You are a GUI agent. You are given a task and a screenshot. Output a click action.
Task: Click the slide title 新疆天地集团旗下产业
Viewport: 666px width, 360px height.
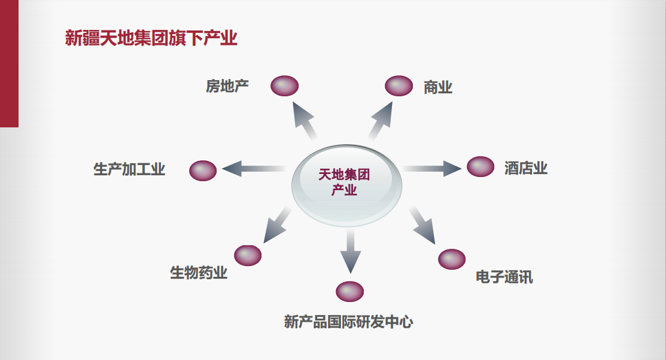151,38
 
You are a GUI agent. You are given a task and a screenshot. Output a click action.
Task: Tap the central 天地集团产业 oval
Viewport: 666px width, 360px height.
346,182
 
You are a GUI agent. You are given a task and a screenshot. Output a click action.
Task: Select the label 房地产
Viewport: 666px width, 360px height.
227,86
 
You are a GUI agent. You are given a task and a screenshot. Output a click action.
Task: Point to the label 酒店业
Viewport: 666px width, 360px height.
525,167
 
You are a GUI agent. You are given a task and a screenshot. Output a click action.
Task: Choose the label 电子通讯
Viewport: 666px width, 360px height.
504,277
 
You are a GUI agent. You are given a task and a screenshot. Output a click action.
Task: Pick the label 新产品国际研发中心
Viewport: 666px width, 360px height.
348,322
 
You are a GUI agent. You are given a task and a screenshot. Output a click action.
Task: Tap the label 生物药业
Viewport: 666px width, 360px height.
199,273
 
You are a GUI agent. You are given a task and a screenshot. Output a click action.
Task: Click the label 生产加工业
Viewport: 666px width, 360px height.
129,169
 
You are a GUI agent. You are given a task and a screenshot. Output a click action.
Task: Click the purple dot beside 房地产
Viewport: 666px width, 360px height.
284,86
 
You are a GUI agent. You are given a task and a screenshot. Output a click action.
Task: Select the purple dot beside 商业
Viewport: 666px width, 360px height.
399,86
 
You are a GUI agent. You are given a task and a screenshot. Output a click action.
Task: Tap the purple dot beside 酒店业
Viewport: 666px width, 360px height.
480,166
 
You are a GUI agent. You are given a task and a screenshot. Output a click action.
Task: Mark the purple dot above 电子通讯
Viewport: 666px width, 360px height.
452,259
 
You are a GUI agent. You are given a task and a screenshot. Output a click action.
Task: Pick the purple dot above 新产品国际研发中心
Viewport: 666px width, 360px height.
350,291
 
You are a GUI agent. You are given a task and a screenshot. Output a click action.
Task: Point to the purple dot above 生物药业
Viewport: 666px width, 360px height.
248,255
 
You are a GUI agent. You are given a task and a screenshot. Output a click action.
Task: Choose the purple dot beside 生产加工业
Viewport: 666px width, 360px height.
203,170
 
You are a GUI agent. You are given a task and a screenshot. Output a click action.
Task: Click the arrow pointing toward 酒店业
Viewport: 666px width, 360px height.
431,168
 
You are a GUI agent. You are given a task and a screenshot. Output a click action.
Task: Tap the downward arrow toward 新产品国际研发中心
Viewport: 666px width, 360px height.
350,251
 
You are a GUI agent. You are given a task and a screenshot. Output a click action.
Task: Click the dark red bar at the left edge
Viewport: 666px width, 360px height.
9,63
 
